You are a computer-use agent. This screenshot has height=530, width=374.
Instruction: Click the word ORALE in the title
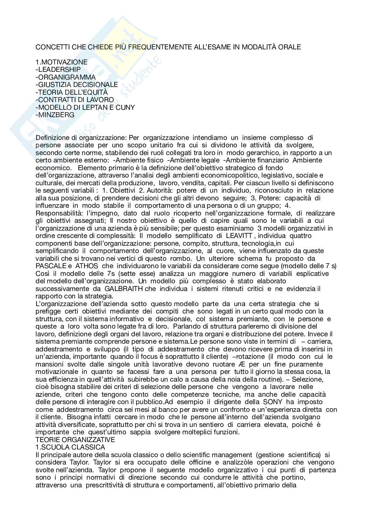(x=289, y=47)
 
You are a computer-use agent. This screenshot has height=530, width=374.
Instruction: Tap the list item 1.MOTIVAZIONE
(x=61, y=62)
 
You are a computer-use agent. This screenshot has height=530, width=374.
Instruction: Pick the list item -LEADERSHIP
(x=58, y=69)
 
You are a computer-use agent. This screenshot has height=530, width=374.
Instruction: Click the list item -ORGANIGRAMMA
(x=65, y=77)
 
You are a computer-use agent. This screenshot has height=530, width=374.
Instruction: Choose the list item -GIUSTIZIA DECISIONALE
(x=77, y=85)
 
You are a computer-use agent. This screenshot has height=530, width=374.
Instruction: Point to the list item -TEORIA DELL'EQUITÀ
(x=72, y=92)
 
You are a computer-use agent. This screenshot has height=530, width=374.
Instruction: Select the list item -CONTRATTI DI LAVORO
(x=74, y=100)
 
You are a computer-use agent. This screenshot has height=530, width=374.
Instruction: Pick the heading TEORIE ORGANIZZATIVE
(x=75, y=440)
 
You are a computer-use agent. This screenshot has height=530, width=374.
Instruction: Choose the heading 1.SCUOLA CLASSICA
(x=70, y=447)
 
